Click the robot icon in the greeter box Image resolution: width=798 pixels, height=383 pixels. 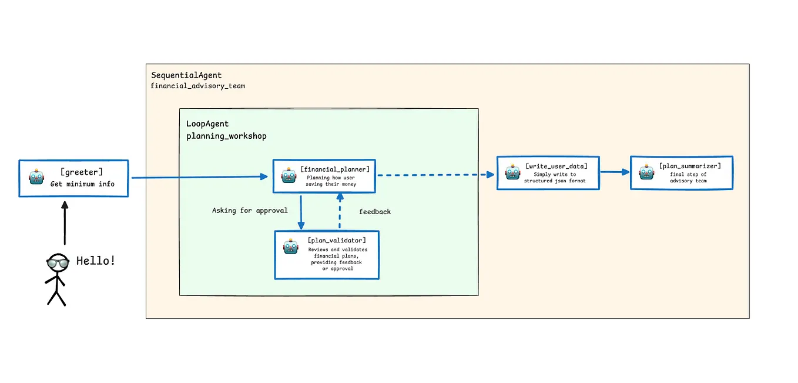point(37,178)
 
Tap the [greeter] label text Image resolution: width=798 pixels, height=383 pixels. point(81,172)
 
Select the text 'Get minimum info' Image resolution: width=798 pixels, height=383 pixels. point(82,184)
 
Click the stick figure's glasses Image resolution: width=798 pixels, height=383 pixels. point(58,262)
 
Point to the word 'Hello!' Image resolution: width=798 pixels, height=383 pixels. point(96,261)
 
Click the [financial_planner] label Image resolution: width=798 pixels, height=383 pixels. point(335,169)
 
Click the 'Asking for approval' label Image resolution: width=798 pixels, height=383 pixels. point(250,211)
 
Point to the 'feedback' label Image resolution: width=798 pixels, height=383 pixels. point(374,212)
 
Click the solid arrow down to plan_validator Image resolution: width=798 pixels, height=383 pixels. point(301,212)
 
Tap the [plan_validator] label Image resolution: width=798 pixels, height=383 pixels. point(337,240)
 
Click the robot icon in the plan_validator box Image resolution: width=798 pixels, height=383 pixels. point(291,247)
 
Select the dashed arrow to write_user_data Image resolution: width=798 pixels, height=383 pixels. point(435,175)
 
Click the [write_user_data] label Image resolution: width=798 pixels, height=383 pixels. point(555,166)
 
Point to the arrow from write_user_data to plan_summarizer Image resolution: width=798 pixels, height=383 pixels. point(615,172)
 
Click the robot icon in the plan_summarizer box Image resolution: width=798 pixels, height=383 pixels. point(647,173)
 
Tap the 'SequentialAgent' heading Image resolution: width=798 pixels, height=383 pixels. point(186,75)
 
